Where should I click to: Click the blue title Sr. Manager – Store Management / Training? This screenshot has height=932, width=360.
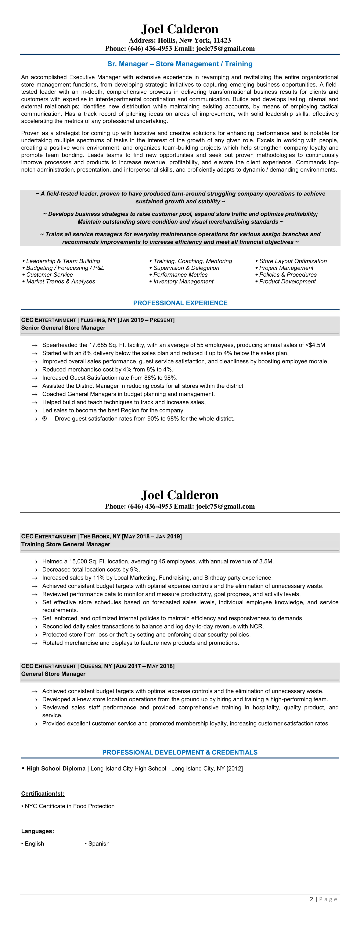tap(180, 64)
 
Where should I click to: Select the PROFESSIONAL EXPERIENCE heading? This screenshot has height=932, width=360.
tap(180, 303)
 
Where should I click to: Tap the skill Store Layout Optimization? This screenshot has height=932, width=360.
tap(293, 261)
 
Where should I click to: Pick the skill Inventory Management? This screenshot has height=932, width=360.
tap(183, 282)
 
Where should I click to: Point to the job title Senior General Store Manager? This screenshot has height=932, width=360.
tap(63, 328)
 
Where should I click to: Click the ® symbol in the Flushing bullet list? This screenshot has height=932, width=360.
tap(44, 419)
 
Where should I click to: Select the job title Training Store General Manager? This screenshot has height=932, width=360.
tap(65, 544)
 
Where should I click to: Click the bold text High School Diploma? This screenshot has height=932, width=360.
tap(56, 768)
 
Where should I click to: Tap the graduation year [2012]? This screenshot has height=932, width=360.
tap(234, 768)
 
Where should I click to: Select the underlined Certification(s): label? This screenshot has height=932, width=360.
tap(43, 794)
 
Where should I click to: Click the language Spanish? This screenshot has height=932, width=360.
tap(99, 843)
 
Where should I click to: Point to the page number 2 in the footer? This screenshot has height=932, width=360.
tap(312, 899)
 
